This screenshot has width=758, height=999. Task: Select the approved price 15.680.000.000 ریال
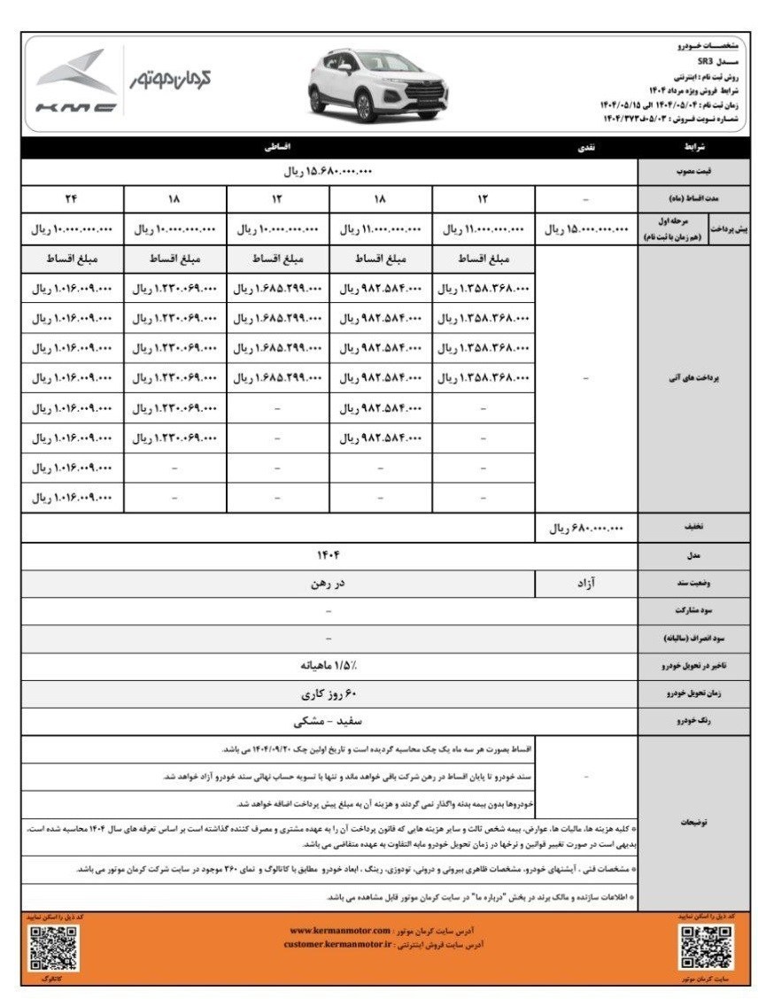click(329, 172)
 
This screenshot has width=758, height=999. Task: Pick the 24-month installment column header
click(72, 199)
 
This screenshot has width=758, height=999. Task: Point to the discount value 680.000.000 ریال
click(585, 529)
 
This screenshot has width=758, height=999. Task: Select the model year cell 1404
click(329, 555)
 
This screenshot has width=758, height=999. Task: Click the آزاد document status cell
click(585, 584)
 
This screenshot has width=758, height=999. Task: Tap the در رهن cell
click(329, 584)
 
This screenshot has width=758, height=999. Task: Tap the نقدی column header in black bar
click(585, 147)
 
